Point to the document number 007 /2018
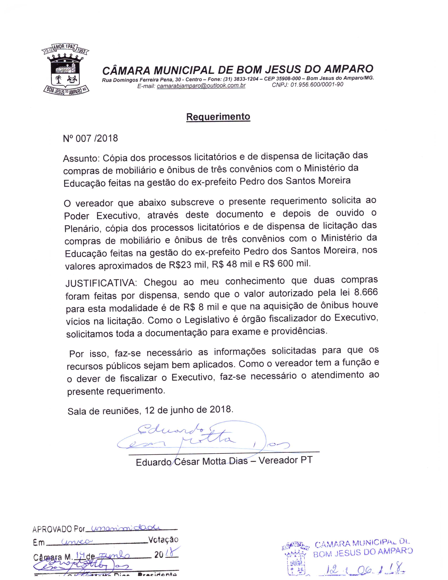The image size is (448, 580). (97, 138)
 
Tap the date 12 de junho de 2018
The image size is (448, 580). (189, 410)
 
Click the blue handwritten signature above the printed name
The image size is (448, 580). (202, 437)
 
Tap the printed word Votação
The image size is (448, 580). (163, 540)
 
